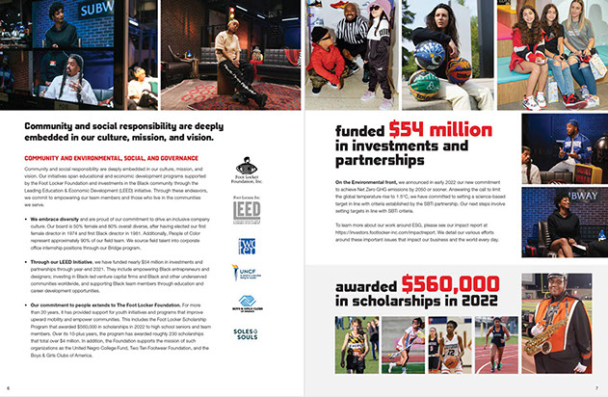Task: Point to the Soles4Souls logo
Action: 247,334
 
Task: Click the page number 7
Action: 595,387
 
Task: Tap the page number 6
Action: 9,387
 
